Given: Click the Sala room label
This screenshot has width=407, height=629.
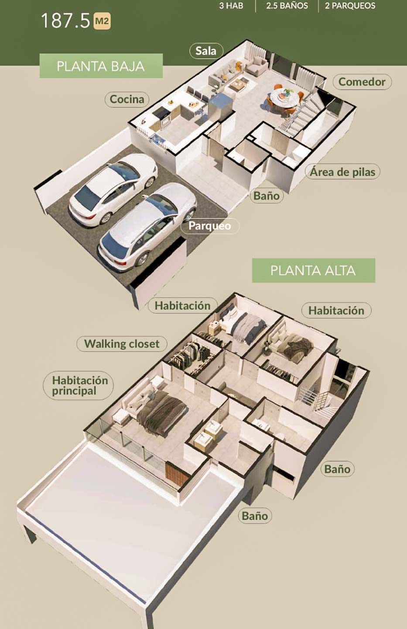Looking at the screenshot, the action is [206, 51].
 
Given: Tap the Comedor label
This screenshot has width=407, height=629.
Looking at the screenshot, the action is [362, 82].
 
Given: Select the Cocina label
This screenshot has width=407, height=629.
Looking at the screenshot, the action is [127, 99].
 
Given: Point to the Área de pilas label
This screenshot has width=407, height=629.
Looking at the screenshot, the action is [342, 172].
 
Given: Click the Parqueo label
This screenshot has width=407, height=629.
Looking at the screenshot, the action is [209, 226].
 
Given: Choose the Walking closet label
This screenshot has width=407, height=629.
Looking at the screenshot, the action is [122, 344].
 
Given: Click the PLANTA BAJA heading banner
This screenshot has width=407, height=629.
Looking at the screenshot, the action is [101, 66].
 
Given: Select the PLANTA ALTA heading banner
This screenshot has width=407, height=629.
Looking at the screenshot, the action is [313, 270].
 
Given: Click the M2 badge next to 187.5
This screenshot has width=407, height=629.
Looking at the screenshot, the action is [102, 21].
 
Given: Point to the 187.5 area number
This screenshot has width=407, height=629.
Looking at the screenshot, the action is [65, 21].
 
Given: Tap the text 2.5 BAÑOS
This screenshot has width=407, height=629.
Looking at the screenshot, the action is [287, 6].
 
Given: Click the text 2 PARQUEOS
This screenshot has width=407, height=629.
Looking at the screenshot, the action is [350, 6].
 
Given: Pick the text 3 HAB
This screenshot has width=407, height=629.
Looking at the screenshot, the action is [231, 6].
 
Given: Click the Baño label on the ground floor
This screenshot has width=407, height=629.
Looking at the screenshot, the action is [267, 196].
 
